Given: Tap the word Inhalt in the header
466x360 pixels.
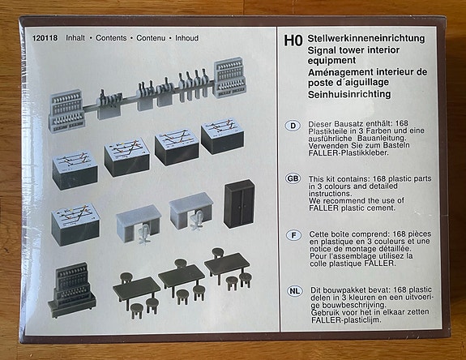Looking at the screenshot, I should pos(75,38).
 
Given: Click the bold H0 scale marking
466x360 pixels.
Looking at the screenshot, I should pos(293,38).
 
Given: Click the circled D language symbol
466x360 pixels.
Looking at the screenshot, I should pos(293,126).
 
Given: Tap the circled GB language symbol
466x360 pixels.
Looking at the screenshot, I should pos(293,178).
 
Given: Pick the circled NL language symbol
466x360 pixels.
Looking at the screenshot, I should pos(293,289).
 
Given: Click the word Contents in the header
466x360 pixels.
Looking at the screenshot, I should pos(111,38).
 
